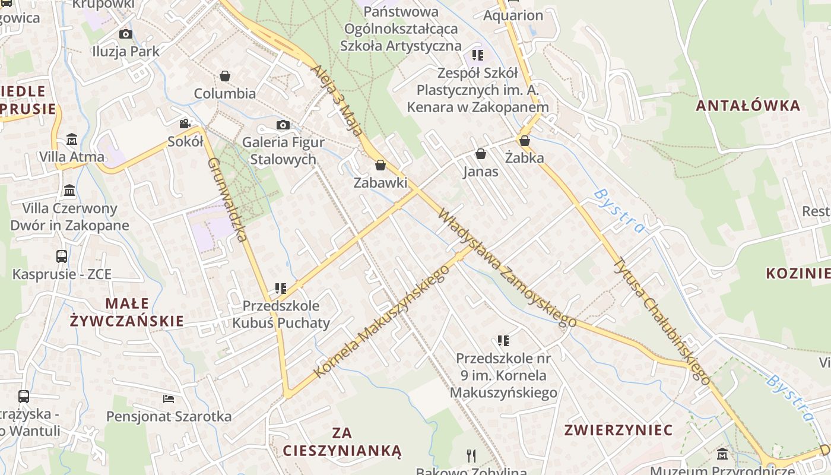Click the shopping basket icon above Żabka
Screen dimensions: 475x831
(x=524, y=141)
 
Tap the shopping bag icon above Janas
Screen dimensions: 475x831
(x=481, y=154)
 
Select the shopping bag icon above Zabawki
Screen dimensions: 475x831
(x=380, y=165)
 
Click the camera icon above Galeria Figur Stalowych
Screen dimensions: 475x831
(x=283, y=125)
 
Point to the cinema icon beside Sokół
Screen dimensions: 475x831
(x=185, y=124)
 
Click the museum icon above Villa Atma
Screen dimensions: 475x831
(x=72, y=140)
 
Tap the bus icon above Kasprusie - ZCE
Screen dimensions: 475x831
(x=62, y=256)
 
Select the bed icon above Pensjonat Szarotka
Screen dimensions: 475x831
(x=169, y=398)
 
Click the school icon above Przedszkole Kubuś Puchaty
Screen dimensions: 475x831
(x=281, y=289)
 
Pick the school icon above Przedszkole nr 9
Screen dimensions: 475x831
(x=503, y=341)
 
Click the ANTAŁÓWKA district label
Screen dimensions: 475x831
(x=748, y=106)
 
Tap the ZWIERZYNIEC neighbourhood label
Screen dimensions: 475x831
(x=619, y=430)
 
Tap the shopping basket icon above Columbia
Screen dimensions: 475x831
(x=225, y=76)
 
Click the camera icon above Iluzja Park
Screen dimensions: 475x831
(x=126, y=34)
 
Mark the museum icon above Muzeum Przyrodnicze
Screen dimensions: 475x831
(x=722, y=455)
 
